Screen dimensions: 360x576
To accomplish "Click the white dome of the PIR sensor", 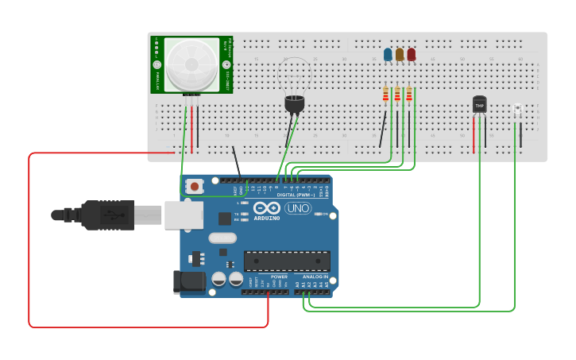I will coord(191,64).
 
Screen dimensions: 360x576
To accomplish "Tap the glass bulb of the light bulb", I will coord(295,75).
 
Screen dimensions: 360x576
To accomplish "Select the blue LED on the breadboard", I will coord(388,55).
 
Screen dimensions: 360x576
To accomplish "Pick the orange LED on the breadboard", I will coord(400,55).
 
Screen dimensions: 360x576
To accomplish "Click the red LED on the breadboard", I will coord(411,55).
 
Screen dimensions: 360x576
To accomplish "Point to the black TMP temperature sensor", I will coord(479,104).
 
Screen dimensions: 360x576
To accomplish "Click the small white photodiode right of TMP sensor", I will coord(517,109).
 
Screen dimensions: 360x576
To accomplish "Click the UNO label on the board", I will coord(298,208).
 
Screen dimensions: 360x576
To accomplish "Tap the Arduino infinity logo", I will coord(266,207).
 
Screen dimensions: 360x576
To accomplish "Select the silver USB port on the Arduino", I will coord(184,215).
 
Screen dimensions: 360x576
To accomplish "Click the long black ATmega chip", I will coord(287,261).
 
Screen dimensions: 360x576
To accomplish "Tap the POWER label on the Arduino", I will coord(279,277).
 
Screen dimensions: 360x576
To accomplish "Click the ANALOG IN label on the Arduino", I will coord(315,277).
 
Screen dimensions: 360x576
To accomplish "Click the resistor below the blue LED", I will coord(386,95).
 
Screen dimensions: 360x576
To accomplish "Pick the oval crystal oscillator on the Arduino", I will coord(222,238).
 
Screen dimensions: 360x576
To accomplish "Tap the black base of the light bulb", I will coord(294,103).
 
